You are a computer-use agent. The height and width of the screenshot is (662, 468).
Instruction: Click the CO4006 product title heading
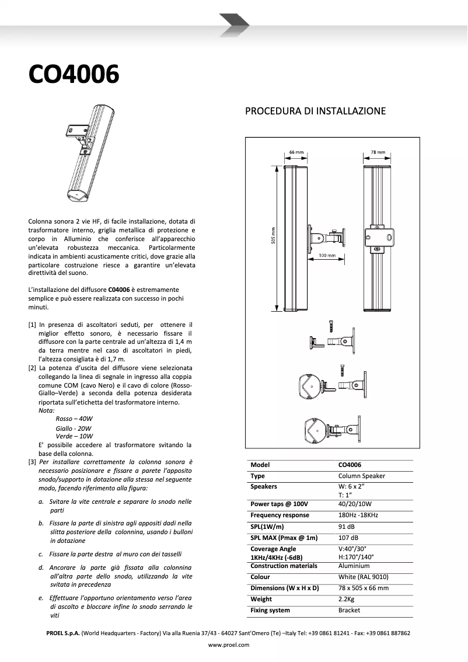[74, 75]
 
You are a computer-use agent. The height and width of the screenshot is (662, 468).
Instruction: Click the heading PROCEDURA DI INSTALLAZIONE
[315, 111]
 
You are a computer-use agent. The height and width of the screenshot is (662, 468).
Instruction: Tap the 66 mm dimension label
[296, 153]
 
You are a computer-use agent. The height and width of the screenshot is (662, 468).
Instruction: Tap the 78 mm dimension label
[378, 153]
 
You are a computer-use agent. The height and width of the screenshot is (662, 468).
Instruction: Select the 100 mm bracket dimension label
[326, 256]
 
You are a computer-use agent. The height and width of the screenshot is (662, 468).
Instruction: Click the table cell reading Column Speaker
[361, 476]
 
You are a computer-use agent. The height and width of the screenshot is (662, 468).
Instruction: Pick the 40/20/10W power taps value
[355, 504]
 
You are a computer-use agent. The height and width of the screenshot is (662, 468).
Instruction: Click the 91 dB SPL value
[347, 527]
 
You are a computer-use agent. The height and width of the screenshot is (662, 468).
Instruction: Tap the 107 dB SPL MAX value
[348, 538]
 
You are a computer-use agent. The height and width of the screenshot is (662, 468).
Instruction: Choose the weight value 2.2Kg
[347, 599]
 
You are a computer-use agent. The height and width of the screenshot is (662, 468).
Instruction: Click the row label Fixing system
[270, 610]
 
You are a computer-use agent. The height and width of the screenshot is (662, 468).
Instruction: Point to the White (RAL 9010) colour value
[363, 577]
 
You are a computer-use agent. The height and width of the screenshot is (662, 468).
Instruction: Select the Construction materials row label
[284, 566]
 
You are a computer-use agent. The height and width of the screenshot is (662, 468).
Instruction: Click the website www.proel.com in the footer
[229, 645]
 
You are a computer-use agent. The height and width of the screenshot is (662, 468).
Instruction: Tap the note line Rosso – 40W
[74, 419]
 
